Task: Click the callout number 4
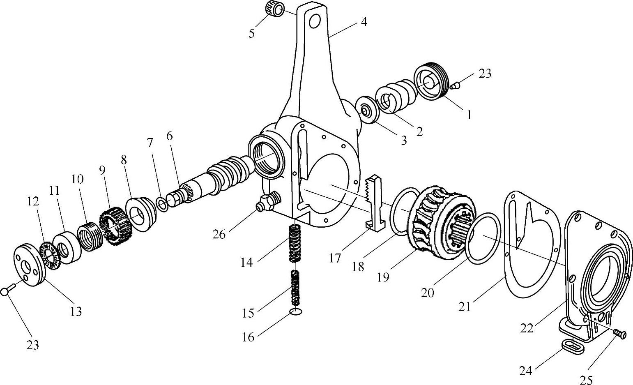click(x=364, y=21)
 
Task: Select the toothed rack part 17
click(x=374, y=203)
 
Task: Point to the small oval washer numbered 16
click(x=296, y=311)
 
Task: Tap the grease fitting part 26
click(x=268, y=202)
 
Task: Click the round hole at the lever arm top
click(x=314, y=21)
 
